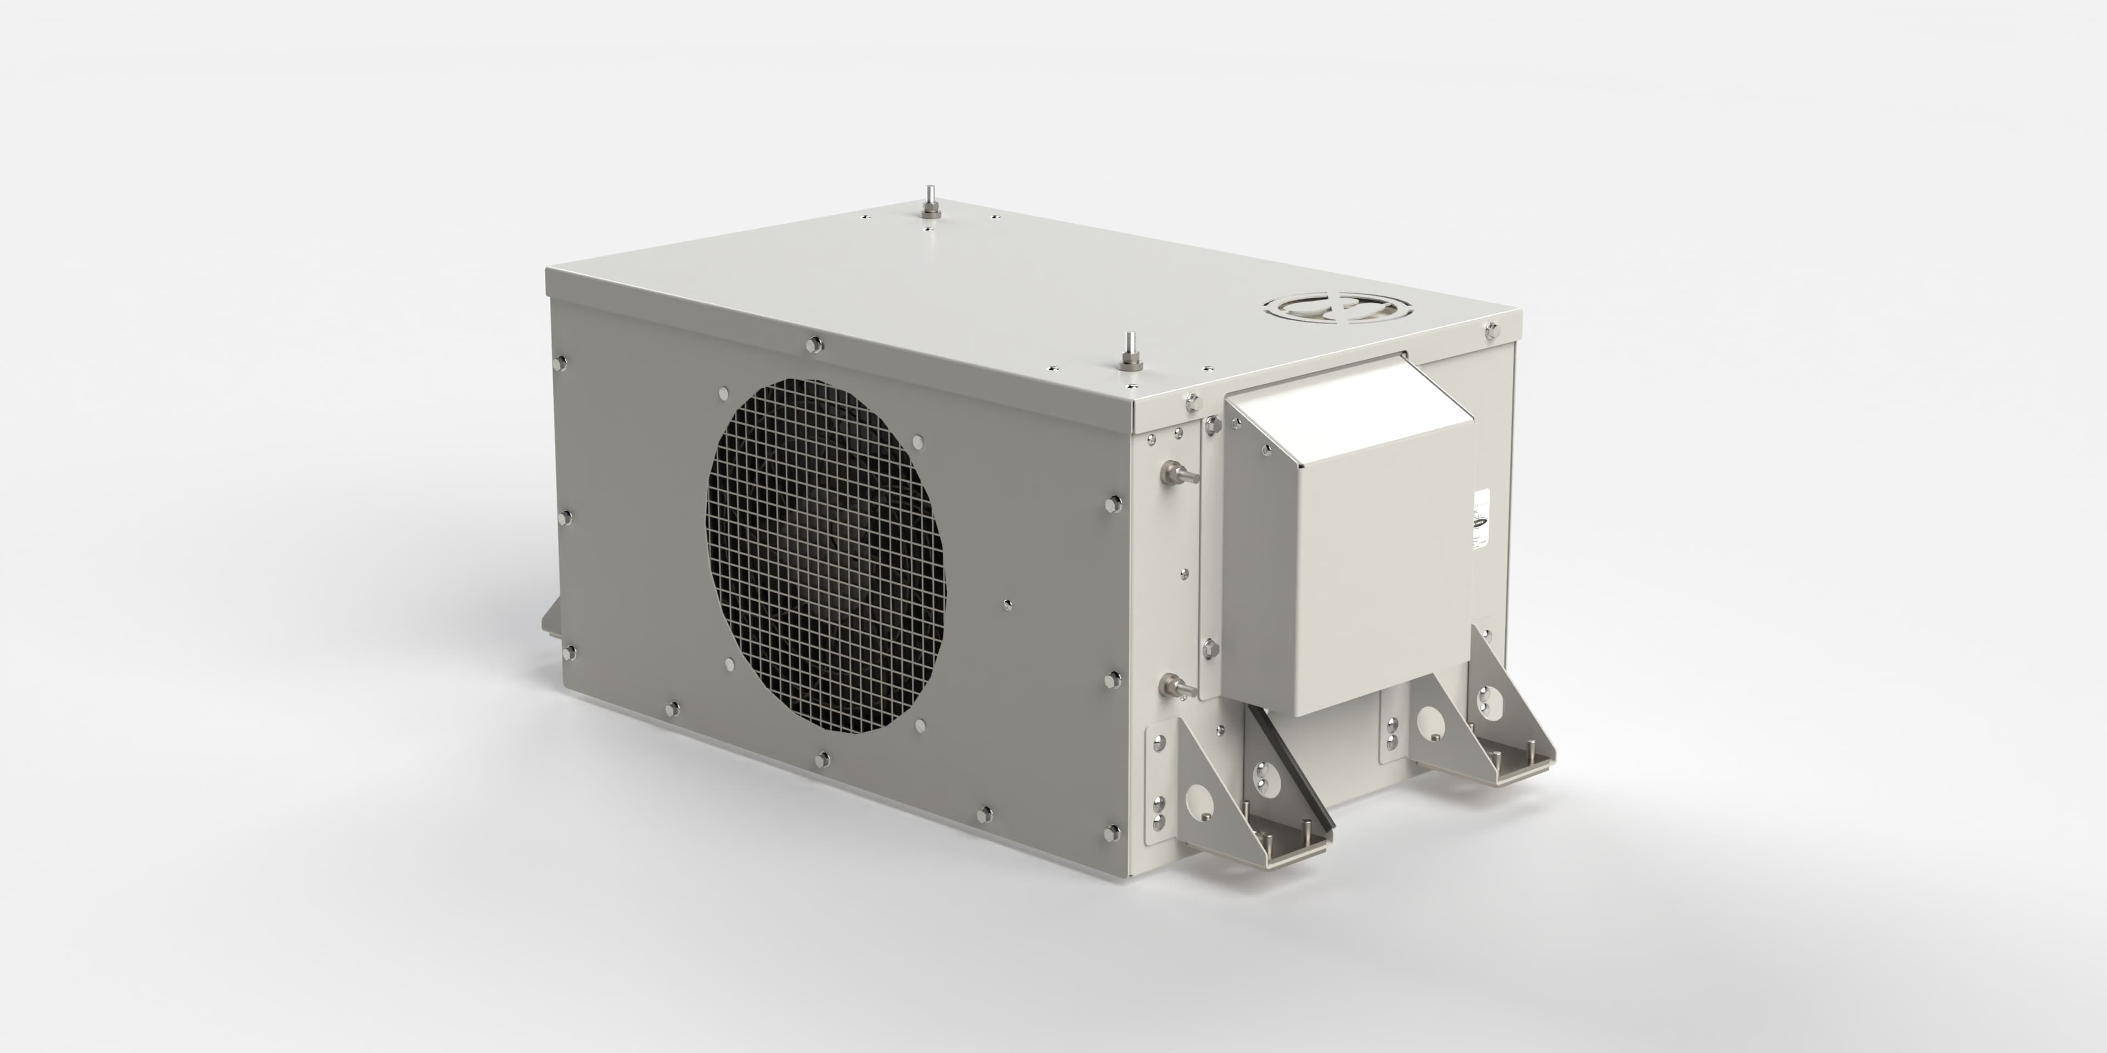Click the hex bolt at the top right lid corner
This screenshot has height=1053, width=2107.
1491,331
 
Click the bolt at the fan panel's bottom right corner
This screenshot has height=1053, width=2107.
1112,833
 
